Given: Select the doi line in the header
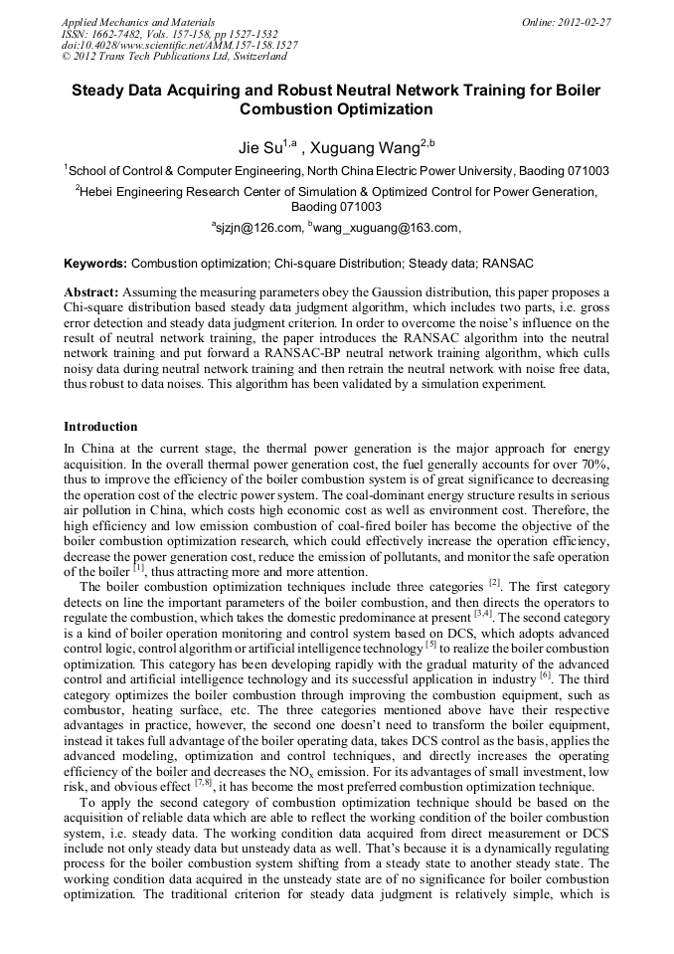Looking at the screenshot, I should coord(179,45).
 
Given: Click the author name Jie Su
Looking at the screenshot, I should coord(259,148).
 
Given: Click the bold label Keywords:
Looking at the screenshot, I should coord(95,264).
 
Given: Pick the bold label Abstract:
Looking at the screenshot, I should coord(91,291).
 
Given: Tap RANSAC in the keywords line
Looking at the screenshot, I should coord(511,264).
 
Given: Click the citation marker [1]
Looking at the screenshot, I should coord(139,569).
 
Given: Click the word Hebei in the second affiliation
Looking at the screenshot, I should coord(101,192).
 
